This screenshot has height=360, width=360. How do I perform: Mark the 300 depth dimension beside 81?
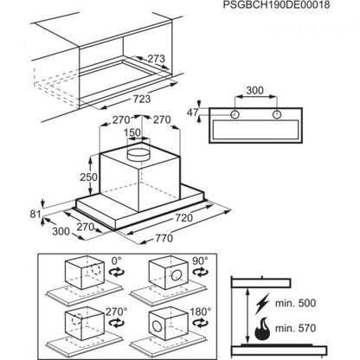(34, 233)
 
